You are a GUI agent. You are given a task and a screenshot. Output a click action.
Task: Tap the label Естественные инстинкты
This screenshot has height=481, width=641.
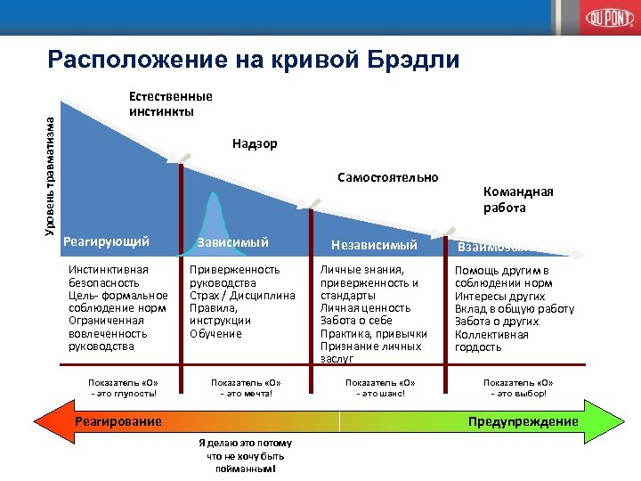[171, 103]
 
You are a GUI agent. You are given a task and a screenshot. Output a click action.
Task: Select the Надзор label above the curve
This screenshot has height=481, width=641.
[255, 143]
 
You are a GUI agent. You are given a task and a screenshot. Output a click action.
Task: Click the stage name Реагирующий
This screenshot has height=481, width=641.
[106, 240]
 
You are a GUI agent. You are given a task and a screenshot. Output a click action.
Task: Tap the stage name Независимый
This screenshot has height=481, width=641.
[374, 244]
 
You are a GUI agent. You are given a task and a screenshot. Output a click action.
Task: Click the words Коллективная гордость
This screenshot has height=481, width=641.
[492, 341]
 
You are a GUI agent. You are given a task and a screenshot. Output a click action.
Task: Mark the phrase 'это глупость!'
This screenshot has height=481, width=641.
[124, 393]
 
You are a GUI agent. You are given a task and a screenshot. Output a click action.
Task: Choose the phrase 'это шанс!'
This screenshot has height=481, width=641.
[380, 393]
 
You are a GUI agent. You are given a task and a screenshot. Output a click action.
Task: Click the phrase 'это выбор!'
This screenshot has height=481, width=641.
[518, 393]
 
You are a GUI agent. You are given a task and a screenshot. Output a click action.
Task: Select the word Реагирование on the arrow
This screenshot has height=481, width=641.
[118, 421]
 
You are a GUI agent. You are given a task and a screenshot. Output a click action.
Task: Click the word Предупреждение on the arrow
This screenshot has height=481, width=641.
[523, 421]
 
